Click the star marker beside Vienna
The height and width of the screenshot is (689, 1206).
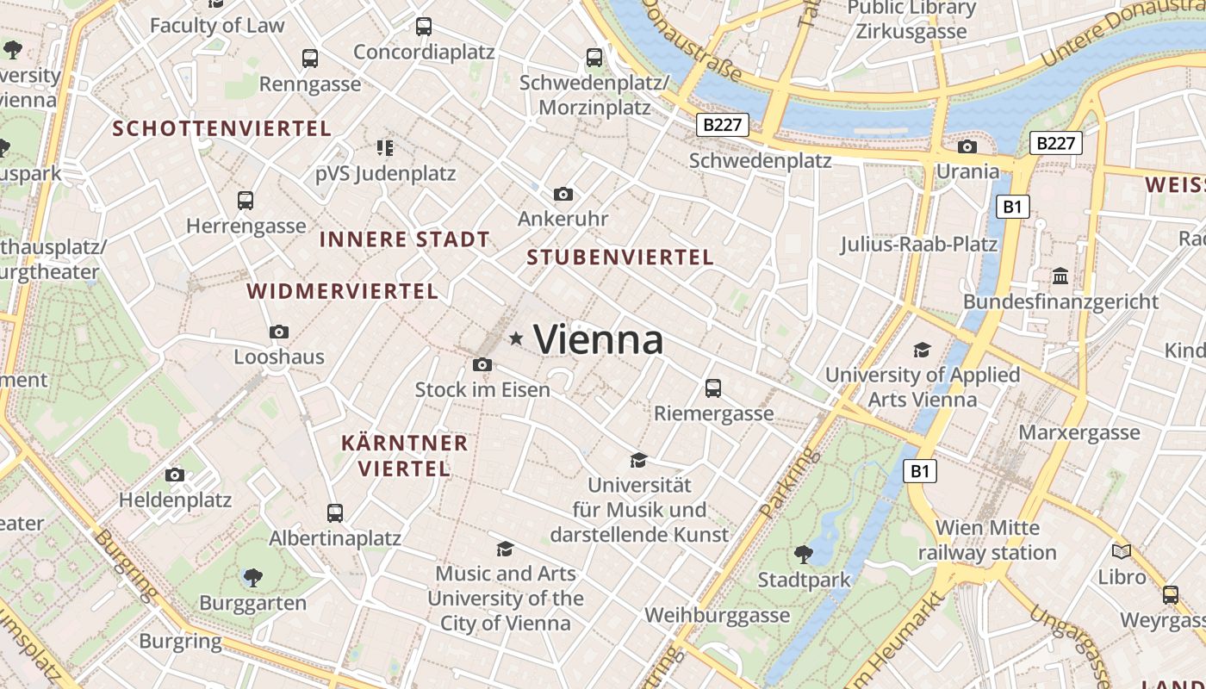click(516, 338)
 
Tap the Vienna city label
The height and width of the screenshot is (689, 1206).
click(599, 339)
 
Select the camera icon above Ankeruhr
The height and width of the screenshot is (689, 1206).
click(563, 195)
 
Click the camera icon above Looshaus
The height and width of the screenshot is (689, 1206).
click(279, 332)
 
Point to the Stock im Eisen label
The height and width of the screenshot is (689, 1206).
click(482, 389)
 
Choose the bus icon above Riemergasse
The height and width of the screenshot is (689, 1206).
click(713, 388)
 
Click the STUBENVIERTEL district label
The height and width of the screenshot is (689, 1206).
click(620, 257)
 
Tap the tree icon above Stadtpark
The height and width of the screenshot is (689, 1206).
click(804, 554)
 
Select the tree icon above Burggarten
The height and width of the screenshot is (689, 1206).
click(253, 577)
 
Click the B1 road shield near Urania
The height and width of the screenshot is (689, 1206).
click(1012, 207)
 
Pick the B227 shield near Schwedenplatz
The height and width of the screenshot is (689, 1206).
click(722, 125)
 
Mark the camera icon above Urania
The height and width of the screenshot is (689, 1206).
click(967, 146)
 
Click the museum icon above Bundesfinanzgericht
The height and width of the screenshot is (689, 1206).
click(1060, 276)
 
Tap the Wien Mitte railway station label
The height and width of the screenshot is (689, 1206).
click(987, 540)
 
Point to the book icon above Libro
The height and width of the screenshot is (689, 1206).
click(1122, 551)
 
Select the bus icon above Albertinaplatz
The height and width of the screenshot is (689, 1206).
click(335, 513)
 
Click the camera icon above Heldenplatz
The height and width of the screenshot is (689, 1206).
click(175, 475)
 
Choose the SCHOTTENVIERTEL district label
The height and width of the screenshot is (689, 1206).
click(222, 129)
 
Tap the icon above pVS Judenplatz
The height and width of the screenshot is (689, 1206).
click(385, 148)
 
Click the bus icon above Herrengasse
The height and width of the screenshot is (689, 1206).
click(246, 201)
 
